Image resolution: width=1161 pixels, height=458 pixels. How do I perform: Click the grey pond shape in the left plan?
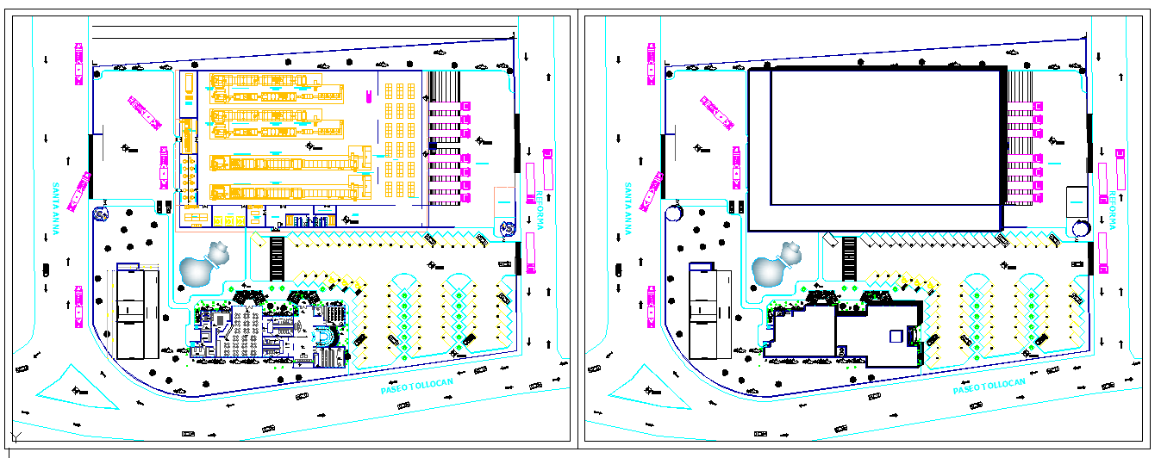pos(199,267)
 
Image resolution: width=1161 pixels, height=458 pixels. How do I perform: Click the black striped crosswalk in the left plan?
pos(277,256)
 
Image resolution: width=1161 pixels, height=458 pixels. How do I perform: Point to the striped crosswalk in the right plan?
pos(849,256)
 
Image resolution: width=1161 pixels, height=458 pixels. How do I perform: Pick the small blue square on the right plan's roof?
pos(896,335)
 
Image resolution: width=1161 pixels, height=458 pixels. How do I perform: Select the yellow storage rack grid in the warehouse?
pos(401,142)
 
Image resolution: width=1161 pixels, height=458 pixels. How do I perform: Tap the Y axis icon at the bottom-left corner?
pos(11,436)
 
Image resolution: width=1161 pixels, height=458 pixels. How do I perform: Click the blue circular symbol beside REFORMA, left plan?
pos(508,227)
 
